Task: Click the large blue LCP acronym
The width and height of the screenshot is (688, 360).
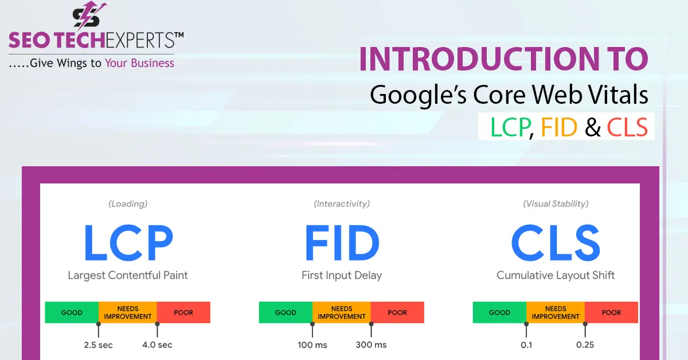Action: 128,243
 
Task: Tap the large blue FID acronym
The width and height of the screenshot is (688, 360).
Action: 342,243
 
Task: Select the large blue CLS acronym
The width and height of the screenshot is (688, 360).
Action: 556,243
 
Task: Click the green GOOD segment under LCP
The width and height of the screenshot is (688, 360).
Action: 72,312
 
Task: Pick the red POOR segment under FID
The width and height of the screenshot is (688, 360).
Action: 397,312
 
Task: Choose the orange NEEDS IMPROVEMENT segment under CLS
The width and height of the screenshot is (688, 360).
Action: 555,312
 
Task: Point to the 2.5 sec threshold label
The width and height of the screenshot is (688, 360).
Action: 98,345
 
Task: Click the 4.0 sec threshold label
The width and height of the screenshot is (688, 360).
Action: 157,345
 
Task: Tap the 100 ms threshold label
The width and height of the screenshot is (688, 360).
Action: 312,345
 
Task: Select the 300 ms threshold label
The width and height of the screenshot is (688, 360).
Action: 372,345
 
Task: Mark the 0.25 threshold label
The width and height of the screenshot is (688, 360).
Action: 585,345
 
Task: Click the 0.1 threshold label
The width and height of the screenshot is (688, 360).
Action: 526,345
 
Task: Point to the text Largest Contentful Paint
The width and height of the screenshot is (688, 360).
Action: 128,275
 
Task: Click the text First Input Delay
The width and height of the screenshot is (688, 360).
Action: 342,275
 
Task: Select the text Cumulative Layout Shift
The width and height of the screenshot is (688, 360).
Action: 556,275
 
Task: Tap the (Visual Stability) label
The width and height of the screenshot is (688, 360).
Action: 556,204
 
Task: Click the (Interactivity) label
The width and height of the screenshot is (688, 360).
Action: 342,204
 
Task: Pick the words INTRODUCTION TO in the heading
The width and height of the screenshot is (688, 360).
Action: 503,60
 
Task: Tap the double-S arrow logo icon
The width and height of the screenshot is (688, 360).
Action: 88,17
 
